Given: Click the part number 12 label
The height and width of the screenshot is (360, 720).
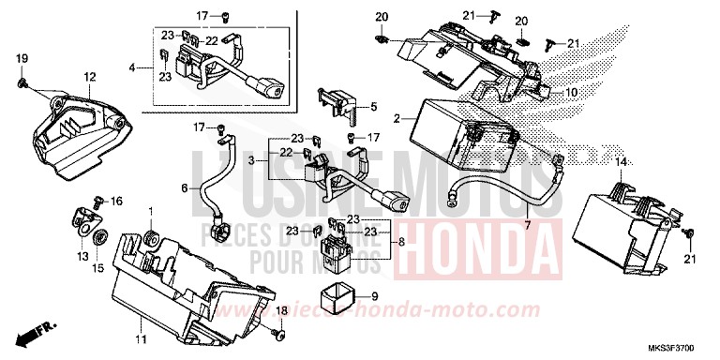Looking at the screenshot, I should pos(89,76).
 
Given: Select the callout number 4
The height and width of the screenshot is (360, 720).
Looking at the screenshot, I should pos(132,67).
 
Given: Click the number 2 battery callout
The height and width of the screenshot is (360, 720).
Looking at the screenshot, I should pos(398,119).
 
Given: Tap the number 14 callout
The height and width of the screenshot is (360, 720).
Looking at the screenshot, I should pos(619,163).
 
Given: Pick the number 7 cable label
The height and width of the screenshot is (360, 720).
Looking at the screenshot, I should pos(526,226).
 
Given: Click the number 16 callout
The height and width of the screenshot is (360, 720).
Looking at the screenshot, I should pos(117,202).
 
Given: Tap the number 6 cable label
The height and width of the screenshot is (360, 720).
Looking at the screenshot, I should pos(185,187).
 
